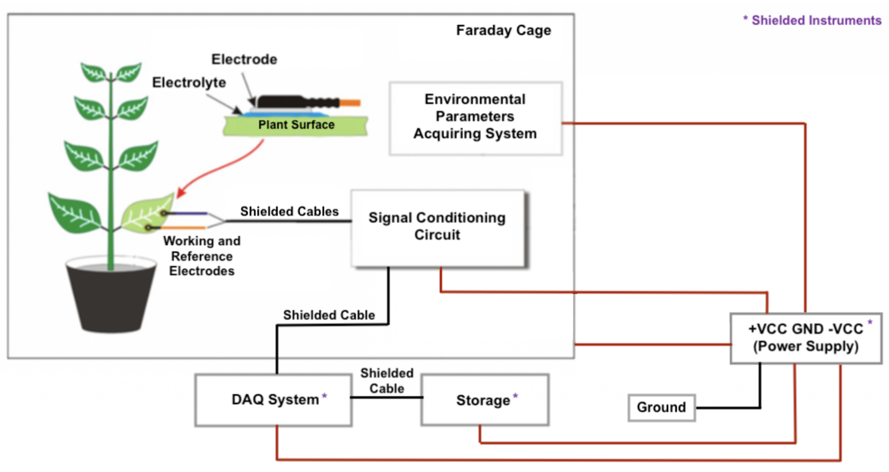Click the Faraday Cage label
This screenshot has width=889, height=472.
point(503,30)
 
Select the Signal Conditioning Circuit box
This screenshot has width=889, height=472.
point(437,228)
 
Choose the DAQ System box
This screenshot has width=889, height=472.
point(273,400)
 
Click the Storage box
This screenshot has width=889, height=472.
point(485,400)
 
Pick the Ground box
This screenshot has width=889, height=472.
point(661,407)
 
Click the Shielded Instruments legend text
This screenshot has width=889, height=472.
point(812,20)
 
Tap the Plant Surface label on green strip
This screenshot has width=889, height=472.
point(296,125)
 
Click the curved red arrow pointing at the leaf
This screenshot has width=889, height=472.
point(221,169)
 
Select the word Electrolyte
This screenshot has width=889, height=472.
point(189,83)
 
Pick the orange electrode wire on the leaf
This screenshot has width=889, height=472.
point(183,228)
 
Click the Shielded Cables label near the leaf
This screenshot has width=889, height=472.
point(289,211)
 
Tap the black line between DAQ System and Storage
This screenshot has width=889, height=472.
point(386,397)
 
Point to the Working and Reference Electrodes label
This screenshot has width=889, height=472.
point(202,256)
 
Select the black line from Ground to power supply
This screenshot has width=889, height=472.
point(728,408)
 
